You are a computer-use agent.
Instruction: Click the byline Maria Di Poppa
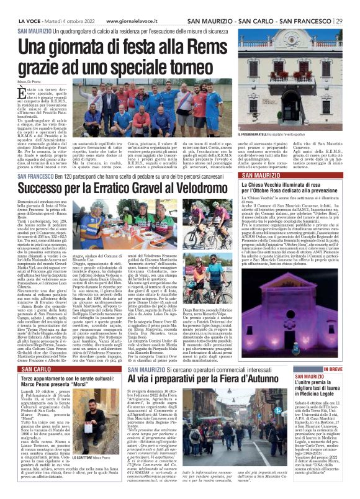[28, 76]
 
